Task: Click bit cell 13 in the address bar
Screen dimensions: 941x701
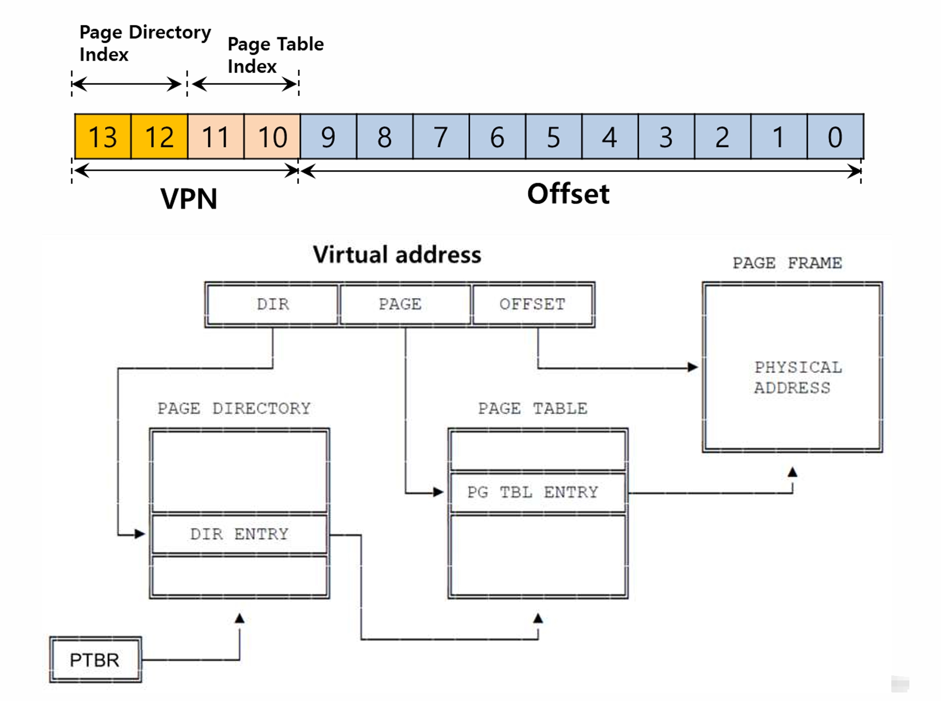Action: point(103,136)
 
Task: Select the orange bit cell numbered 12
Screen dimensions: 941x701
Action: point(159,136)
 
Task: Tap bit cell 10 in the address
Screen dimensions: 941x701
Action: point(272,136)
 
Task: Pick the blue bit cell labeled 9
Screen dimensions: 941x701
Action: point(328,136)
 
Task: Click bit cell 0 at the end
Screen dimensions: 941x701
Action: point(836,136)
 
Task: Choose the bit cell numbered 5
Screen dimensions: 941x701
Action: point(554,136)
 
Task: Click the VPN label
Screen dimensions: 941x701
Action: point(189,199)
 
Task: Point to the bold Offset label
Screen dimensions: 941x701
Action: point(568,194)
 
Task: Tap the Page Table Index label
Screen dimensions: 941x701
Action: point(276,55)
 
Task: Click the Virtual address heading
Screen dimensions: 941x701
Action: point(397,254)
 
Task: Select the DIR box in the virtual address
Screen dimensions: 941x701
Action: point(273,305)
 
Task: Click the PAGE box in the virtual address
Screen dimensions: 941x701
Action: point(406,305)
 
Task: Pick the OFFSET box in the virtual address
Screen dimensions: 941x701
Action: point(533,305)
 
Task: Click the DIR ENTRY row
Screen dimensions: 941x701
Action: point(239,534)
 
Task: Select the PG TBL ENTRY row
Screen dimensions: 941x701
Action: point(538,492)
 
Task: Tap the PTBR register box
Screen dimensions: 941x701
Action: point(95,659)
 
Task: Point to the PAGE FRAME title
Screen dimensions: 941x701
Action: point(787,263)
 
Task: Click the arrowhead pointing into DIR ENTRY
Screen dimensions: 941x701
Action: point(140,534)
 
